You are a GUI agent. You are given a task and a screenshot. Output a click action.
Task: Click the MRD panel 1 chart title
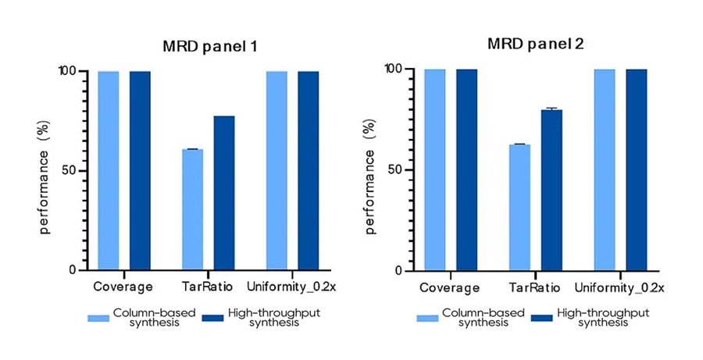pos(209,47)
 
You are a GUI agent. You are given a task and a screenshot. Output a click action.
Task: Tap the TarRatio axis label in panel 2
pos(534,287)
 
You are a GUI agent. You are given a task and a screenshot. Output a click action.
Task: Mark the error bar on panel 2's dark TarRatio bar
pos(551,109)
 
